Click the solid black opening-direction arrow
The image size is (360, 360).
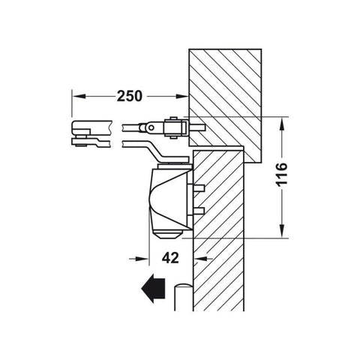click(151, 289)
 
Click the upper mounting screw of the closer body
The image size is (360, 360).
click(199, 185)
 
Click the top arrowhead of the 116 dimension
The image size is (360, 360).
click(281, 121)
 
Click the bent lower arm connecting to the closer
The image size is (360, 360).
click(154, 152)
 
